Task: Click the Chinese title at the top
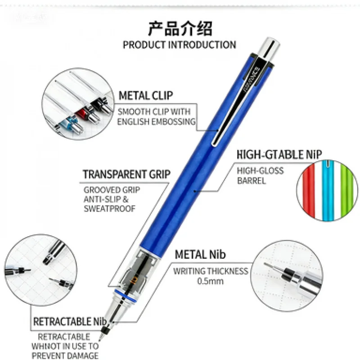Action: (180, 28)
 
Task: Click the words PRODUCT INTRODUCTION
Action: (179, 45)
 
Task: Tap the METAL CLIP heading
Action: (145, 95)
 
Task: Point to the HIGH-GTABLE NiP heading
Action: (279, 155)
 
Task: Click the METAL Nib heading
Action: (200, 255)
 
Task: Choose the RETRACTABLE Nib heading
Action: (69, 322)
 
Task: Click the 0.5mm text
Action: (211, 281)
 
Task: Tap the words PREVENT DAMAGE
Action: (65, 355)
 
